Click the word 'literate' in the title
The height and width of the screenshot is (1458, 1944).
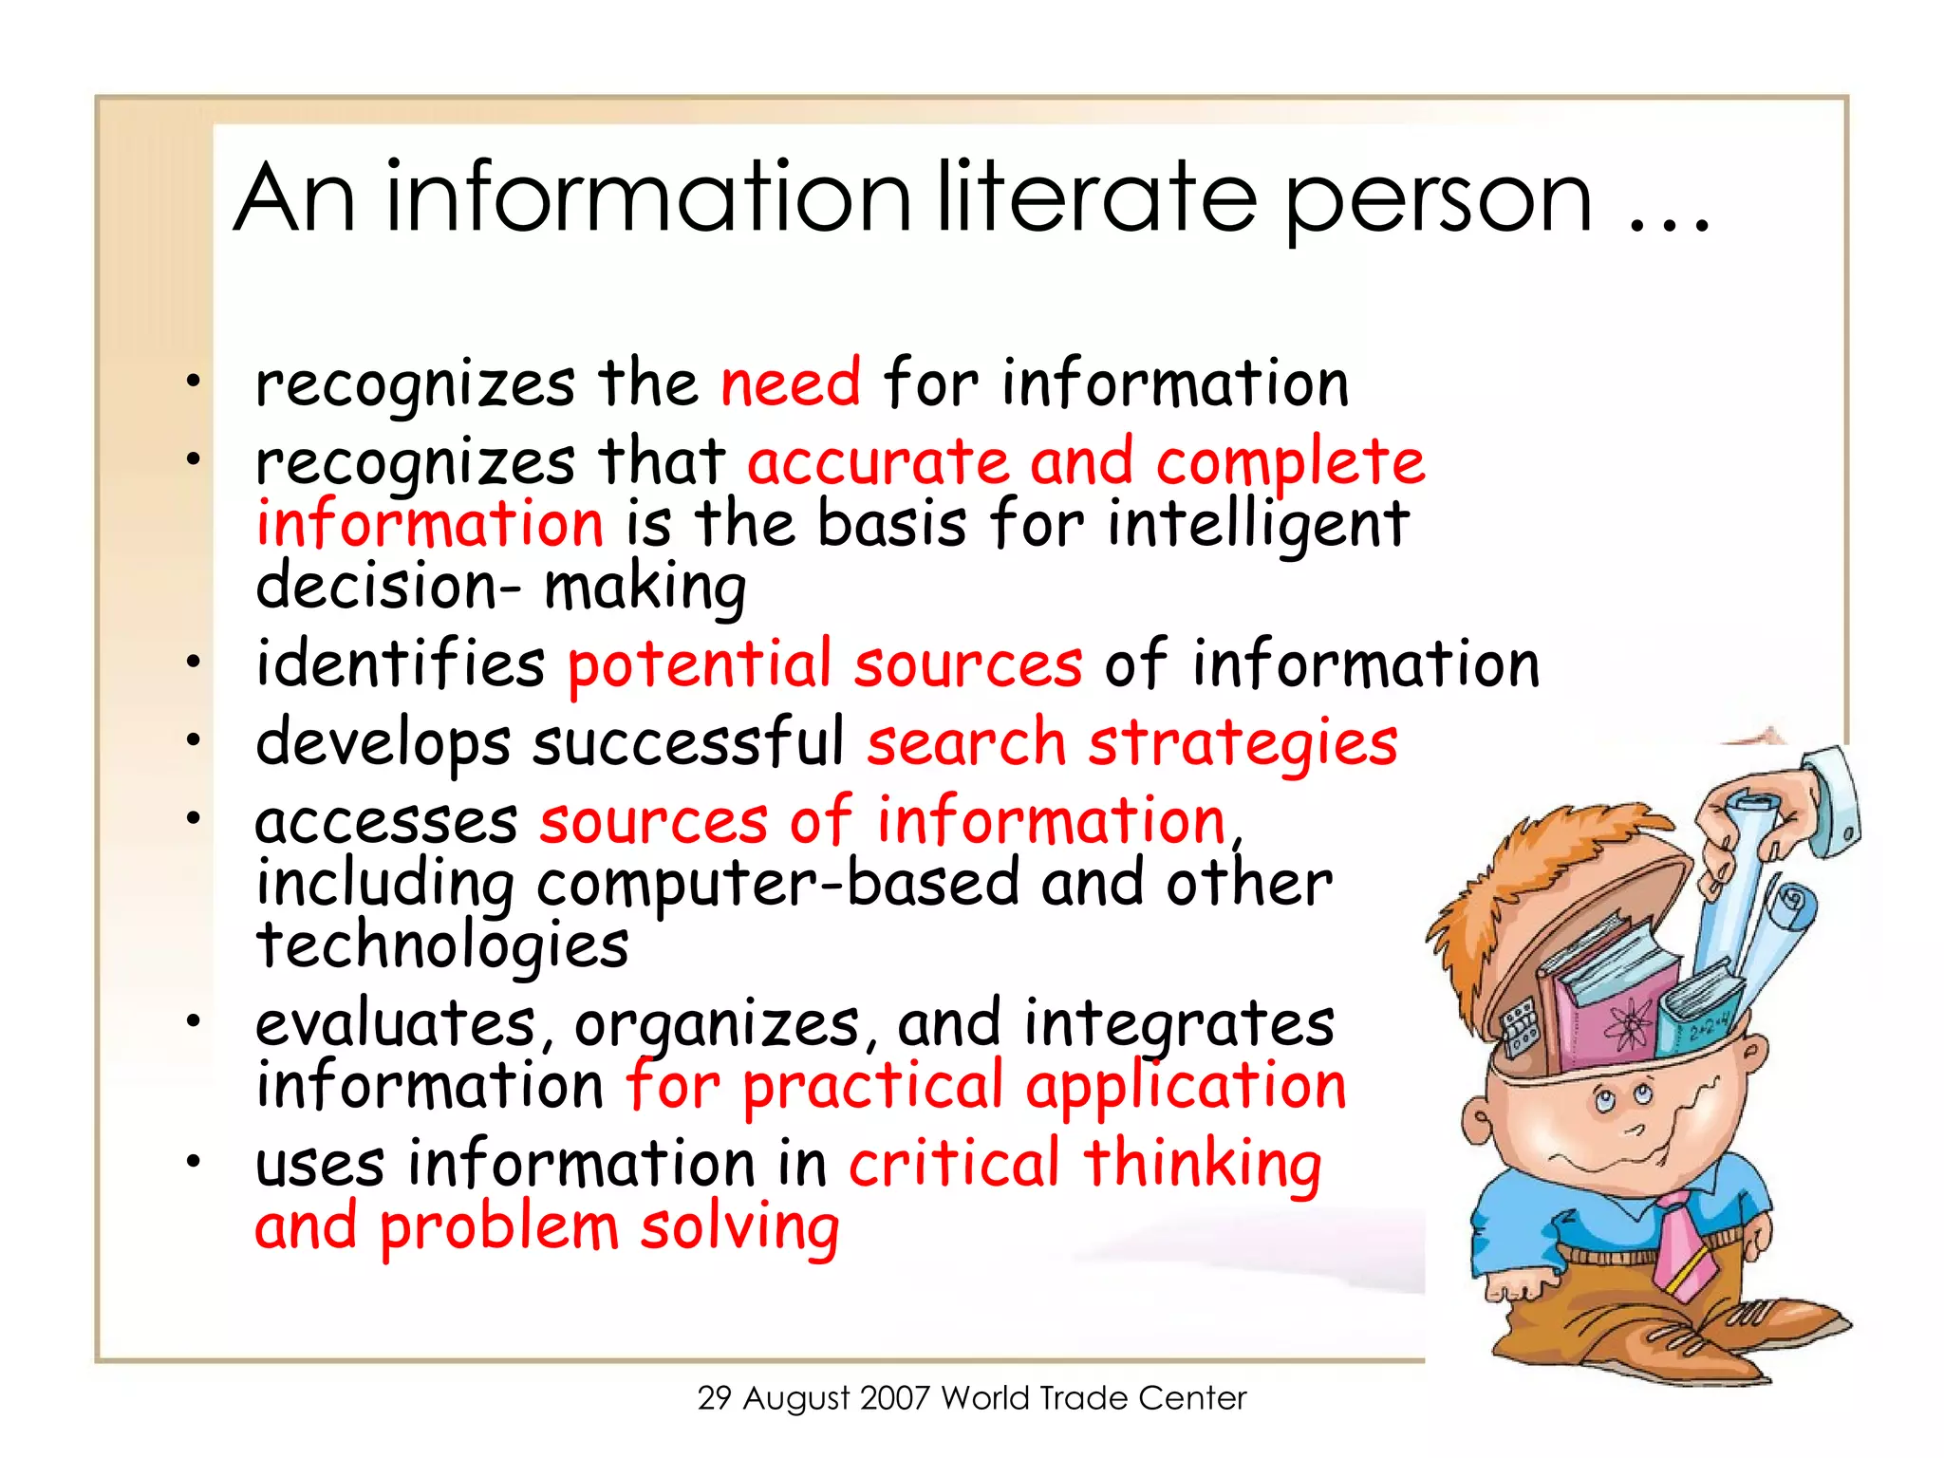pos(1097,197)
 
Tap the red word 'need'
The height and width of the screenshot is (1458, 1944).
pos(791,383)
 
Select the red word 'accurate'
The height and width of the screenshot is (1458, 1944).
pos(878,462)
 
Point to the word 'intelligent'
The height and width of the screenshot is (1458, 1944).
pos(1258,525)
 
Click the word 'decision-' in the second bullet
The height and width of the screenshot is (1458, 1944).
pos(388,586)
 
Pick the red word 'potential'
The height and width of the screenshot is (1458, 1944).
pos(699,664)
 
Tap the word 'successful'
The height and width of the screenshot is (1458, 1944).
pos(688,742)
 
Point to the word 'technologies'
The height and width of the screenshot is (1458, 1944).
pos(442,946)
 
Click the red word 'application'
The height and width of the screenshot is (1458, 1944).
pos(1186,1087)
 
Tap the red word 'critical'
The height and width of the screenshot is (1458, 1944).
pos(954,1164)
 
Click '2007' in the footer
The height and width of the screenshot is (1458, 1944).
pos(894,1398)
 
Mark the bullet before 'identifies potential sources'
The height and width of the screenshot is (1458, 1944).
pos(194,662)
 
